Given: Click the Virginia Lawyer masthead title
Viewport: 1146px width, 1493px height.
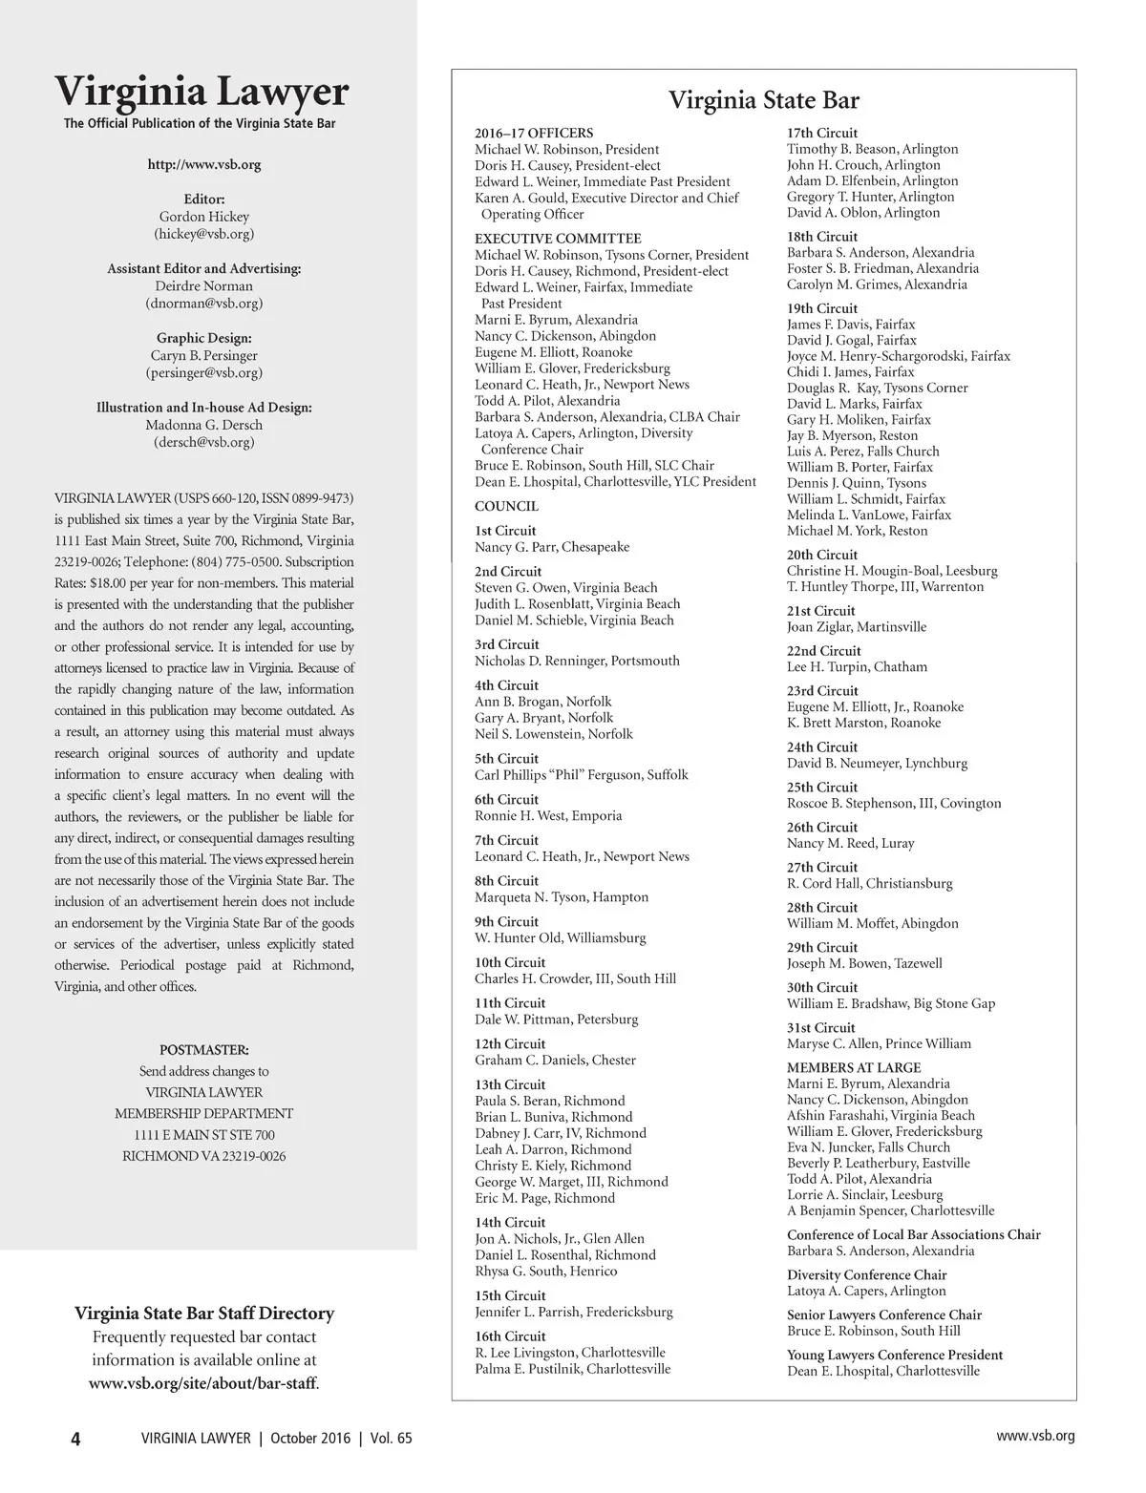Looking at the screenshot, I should (x=202, y=92).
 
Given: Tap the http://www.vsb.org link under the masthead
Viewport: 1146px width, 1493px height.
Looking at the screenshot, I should (x=203, y=164).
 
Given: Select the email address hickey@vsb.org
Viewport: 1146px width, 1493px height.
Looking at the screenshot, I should (x=203, y=233).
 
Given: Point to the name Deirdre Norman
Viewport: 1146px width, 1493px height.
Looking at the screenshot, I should (x=203, y=285).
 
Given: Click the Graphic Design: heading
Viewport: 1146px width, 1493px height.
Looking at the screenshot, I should (x=203, y=338).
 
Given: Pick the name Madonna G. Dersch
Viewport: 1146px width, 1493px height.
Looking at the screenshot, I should (x=203, y=425).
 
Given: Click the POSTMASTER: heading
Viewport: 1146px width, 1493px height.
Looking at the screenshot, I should (x=203, y=1050).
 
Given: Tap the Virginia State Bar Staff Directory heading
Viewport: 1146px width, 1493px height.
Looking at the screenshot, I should (x=204, y=1314).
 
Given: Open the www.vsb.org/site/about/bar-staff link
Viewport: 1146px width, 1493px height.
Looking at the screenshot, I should (x=203, y=1382).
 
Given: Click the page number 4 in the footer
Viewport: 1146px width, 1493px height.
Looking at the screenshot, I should (x=75, y=1439).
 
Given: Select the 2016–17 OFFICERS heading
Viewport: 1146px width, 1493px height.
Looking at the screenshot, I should (x=534, y=134).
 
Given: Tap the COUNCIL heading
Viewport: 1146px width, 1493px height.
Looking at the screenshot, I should (x=506, y=506).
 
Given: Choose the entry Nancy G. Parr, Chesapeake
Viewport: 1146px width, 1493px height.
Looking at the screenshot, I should (x=552, y=547).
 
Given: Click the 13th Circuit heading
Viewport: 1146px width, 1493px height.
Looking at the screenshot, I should (x=510, y=1084).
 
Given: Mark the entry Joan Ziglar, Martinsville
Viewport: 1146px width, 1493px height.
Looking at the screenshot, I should (x=856, y=627).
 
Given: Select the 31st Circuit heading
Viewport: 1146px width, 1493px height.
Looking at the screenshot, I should (x=820, y=1027).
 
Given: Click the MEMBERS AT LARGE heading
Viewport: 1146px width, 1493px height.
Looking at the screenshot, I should (x=854, y=1067).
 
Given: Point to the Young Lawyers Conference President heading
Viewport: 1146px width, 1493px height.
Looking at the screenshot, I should (x=894, y=1355).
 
